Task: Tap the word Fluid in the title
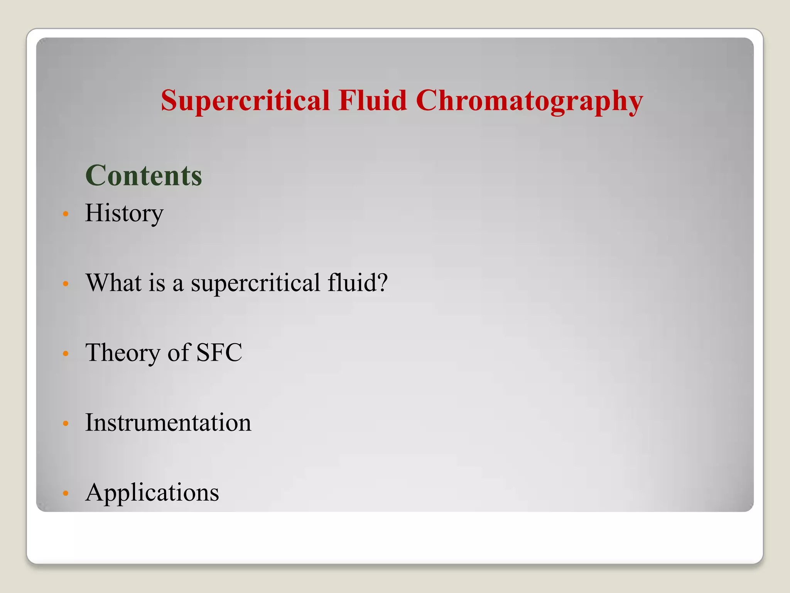click(x=373, y=100)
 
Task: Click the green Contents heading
click(x=143, y=176)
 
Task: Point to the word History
click(x=124, y=213)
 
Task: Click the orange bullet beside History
click(x=66, y=214)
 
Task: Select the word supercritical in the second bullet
click(x=255, y=283)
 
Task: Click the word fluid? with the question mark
click(x=357, y=283)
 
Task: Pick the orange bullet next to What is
click(x=66, y=284)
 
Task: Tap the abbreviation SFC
click(x=219, y=352)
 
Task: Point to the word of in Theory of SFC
click(x=179, y=352)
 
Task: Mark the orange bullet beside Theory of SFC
click(x=66, y=354)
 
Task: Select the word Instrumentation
click(x=168, y=422)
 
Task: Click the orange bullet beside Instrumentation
click(x=66, y=424)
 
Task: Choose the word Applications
click(x=152, y=493)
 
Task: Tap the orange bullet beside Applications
click(x=66, y=493)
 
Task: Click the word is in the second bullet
click(x=157, y=283)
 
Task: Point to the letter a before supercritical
click(x=178, y=285)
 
